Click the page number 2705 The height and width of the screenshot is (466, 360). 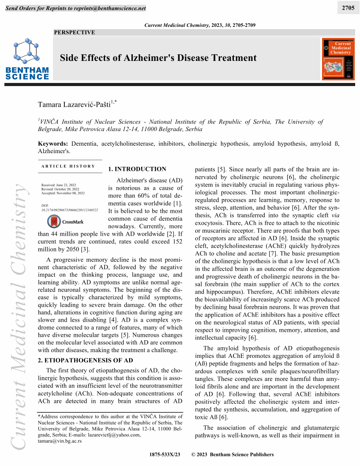click(x=348, y=8)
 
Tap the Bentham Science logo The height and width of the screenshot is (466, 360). click(x=27, y=60)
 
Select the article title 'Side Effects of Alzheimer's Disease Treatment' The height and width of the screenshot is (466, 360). click(x=158, y=58)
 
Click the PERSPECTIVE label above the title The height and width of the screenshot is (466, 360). click(x=74, y=32)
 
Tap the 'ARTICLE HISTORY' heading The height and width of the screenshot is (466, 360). click(x=68, y=166)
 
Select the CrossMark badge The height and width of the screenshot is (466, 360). click(x=65, y=221)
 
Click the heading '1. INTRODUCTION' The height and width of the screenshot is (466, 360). click(x=137, y=169)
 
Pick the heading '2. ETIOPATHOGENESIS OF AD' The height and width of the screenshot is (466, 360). click(x=86, y=360)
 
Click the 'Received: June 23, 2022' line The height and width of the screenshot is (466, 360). click(x=59, y=185)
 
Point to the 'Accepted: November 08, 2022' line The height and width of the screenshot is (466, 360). click(x=63, y=193)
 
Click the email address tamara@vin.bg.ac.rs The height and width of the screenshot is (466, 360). click(x=60, y=441)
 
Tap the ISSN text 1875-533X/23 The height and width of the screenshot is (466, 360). click(x=165, y=455)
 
